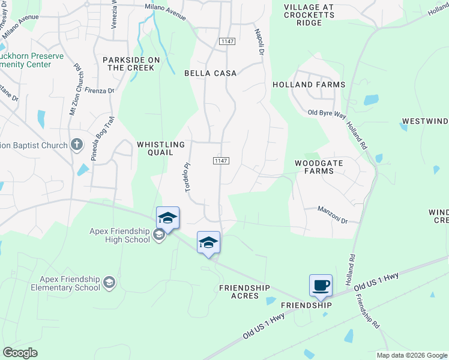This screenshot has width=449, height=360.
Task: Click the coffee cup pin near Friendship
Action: [x=320, y=285]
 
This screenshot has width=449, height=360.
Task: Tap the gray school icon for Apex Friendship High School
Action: [x=159, y=235]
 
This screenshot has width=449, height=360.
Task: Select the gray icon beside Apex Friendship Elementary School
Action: [x=109, y=282]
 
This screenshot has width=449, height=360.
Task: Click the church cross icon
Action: [x=76, y=145]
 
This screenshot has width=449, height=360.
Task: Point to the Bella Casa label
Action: [x=210, y=73]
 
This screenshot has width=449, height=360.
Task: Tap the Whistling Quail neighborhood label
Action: [x=161, y=149]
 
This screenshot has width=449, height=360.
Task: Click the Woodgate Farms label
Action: [x=314, y=167]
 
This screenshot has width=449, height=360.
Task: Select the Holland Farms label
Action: [x=309, y=85]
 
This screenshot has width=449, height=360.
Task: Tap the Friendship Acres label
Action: [x=248, y=292]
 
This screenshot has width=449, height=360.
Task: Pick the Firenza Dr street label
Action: [x=99, y=91]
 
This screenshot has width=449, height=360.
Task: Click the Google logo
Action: [x=20, y=353]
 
